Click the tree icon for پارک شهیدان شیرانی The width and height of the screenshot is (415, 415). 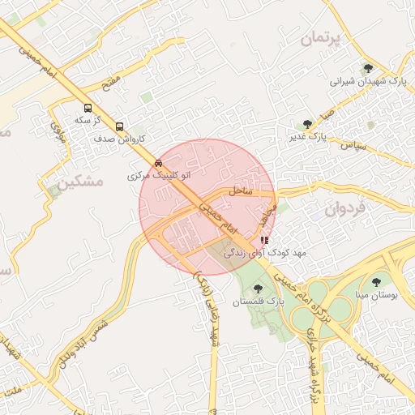[x=368, y=69]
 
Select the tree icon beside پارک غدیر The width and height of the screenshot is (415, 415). [x=307, y=124]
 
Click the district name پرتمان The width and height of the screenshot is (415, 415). [x=321, y=38]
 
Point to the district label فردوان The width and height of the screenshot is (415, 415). [x=345, y=207]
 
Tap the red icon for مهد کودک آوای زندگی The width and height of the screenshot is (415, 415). [x=264, y=241]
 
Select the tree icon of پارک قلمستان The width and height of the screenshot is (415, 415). [x=259, y=288]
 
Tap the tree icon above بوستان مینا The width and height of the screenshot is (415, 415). [x=375, y=282]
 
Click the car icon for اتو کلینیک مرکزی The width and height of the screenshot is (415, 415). [x=157, y=163]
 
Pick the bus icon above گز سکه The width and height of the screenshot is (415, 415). [x=88, y=107]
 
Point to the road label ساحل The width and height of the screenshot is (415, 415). [x=242, y=191]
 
